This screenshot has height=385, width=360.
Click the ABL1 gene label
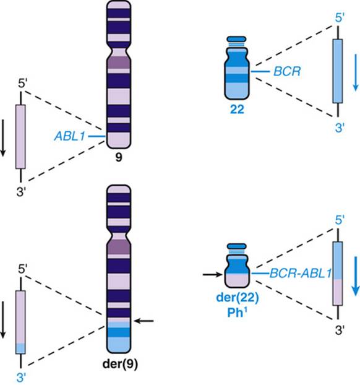pyautogui.click(x=69, y=136)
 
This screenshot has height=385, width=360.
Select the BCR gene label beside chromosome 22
pyautogui.click(x=287, y=72)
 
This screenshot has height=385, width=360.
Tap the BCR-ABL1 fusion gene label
pyautogui.click(x=301, y=274)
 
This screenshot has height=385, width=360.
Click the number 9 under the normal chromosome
pyautogui.click(x=119, y=157)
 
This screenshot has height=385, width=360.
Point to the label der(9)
pyautogui.click(x=120, y=364)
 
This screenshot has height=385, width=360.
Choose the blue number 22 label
pyautogui.click(x=237, y=110)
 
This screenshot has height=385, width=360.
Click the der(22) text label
pyautogui.click(x=238, y=298)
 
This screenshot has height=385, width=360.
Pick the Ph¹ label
pyautogui.click(x=238, y=313)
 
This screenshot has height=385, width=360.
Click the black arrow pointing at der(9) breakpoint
pyautogui.click(x=144, y=321)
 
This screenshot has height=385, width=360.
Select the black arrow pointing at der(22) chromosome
pyautogui.click(x=212, y=274)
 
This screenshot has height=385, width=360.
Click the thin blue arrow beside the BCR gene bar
pyautogui.click(x=356, y=73)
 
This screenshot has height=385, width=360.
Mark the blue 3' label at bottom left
pyautogui.click(x=21, y=378)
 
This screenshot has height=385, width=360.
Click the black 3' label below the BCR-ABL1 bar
pyautogui.click(x=340, y=331)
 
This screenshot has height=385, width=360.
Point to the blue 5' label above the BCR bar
pyautogui.click(x=340, y=18)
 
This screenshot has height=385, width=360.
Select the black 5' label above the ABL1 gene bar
pyautogui.click(x=22, y=84)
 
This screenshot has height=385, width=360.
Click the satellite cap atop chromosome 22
pyautogui.click(x=236, y=39)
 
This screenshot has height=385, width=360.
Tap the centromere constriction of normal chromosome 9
pyautogui.click(x=119, y=52)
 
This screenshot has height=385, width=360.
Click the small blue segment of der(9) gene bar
pyautogui.click(x=20, y=348)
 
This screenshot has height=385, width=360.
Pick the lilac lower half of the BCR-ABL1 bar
pyautogui.click(x=338, y=292)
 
